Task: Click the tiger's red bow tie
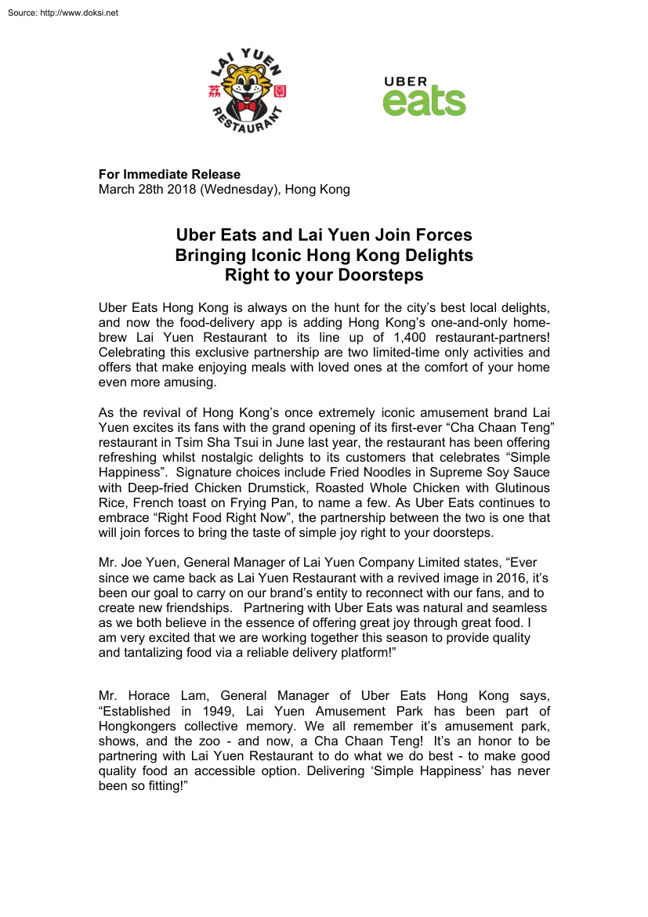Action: pos(250,106)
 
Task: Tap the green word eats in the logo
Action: pos(424,102)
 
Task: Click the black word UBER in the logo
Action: pos(405,82)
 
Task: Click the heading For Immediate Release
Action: pos(169,174)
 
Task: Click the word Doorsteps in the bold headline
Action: pos(380,275)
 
